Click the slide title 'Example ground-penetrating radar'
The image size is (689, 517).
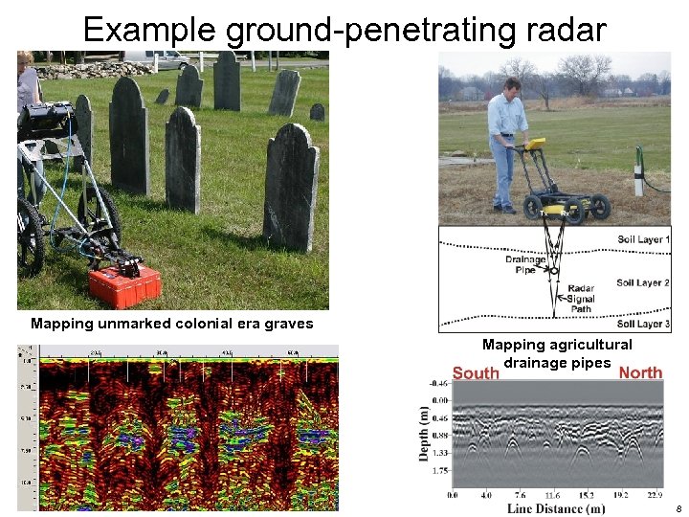point(344,30)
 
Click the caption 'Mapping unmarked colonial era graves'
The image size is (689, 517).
point(172,324)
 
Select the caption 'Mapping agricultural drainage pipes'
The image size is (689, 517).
point(557,353)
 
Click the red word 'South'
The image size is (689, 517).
point(476,372)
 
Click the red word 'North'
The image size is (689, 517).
point(640,372)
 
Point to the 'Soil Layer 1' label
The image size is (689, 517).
point(643,238)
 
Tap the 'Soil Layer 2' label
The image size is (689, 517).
point(643,282)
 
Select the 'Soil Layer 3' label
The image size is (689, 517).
point(643,325)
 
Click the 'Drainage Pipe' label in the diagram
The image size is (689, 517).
point(525,264)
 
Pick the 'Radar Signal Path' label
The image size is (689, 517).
point(581,299)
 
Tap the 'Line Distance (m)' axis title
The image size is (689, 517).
point(556,508)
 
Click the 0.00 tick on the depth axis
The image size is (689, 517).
point(440,400)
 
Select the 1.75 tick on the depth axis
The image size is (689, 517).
point(440,471)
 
